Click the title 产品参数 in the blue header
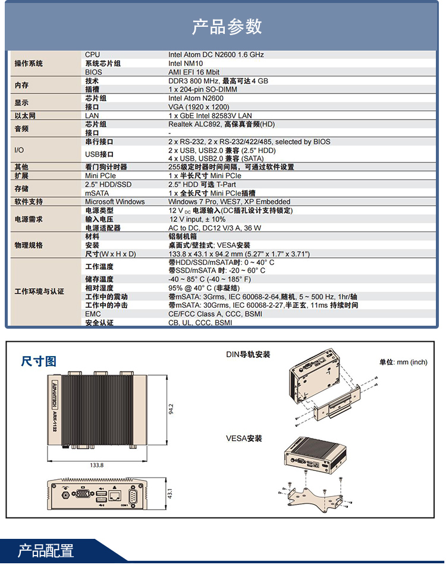(x=227, y=27)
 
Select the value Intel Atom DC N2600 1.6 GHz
(x=216, y=55)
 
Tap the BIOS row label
(x=93, y=72)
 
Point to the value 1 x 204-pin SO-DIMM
(x=202, y=89)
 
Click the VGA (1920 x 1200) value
(x=199, y=107)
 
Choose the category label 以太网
(x=25, y=116)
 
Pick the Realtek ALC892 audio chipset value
(x=221, y=124)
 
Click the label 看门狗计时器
(x=106, y=167)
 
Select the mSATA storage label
(x=96, y=194)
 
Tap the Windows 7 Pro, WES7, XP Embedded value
(x=229, y=202)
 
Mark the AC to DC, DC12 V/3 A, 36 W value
(x=215, y=228)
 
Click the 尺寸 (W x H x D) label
(x=110, y=254)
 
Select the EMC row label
(x=93, y=314)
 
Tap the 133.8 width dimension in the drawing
(x=96, y=465)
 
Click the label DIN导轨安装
(x=247, y=354)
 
